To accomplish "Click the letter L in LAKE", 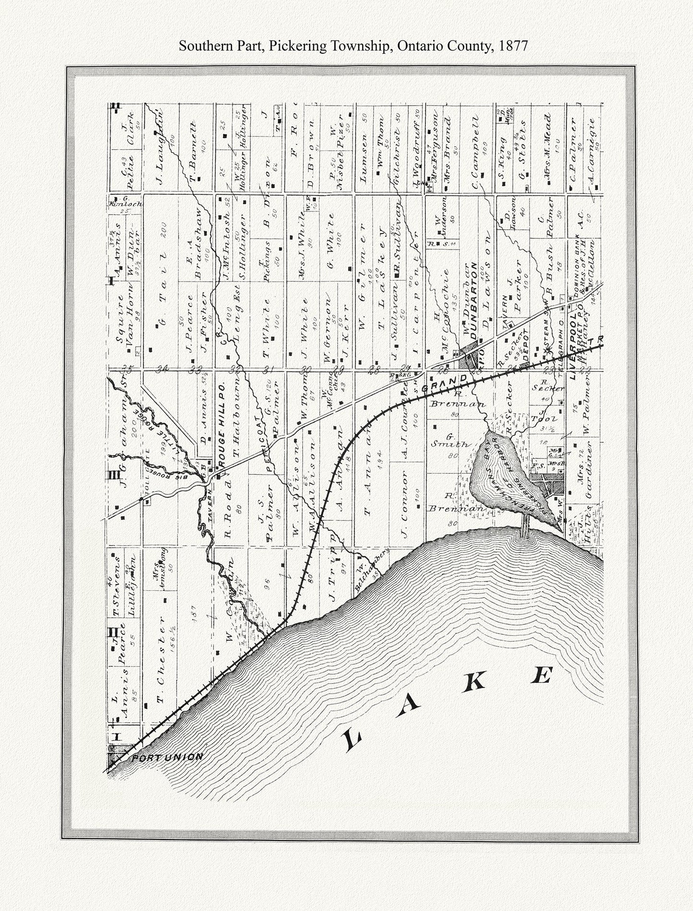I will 352,742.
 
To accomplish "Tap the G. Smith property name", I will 450,441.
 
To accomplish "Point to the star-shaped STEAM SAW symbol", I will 548,351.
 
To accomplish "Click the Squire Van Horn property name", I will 124,317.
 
